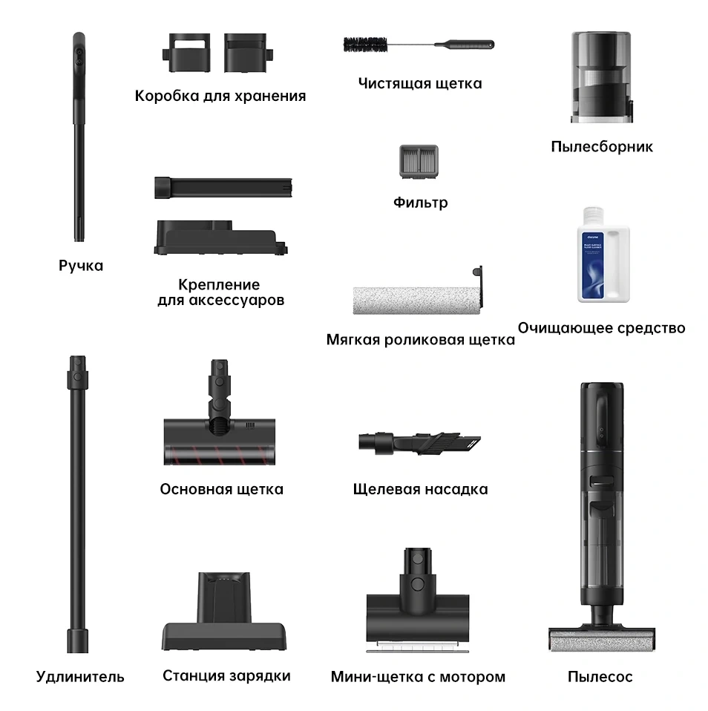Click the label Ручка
coord(81,266)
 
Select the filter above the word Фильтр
coord(419,162)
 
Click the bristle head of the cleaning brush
coord(366,45)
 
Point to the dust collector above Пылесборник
coord(601,76)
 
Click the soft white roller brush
coord(417,300)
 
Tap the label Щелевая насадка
coord(421,489)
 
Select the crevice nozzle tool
coord(419,443)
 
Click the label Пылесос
coord(600,677)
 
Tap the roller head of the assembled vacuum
coord(602,640)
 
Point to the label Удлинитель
coord(80,677)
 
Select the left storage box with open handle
coord(186,53)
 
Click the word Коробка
coord(166,96)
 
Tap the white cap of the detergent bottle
coord(593,216)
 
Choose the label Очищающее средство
coord(601,328)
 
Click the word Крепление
coord(219,285)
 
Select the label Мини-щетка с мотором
coord(418,677)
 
